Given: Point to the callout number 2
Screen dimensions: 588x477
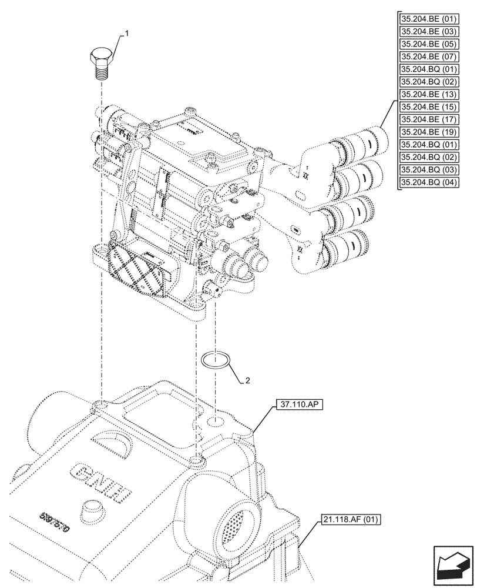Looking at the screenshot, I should point(248,381).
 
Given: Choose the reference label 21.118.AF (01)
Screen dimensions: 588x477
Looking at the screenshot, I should point(351,519).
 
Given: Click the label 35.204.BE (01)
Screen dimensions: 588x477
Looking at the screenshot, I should point(429,18).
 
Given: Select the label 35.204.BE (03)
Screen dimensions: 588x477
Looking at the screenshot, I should point(429,31).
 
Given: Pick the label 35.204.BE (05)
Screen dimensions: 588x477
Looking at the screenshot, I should point(429,44).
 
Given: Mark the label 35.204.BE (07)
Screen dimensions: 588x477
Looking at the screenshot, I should point(429,56).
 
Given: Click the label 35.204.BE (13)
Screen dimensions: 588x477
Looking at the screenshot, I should point(429,94).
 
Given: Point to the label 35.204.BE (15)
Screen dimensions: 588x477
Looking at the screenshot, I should point(429,107).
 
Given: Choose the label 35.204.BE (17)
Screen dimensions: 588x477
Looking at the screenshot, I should point(429,119).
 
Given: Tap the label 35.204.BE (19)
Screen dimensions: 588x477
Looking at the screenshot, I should point(429,132).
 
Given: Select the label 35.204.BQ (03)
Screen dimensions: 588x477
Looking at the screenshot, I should point(429,170).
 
